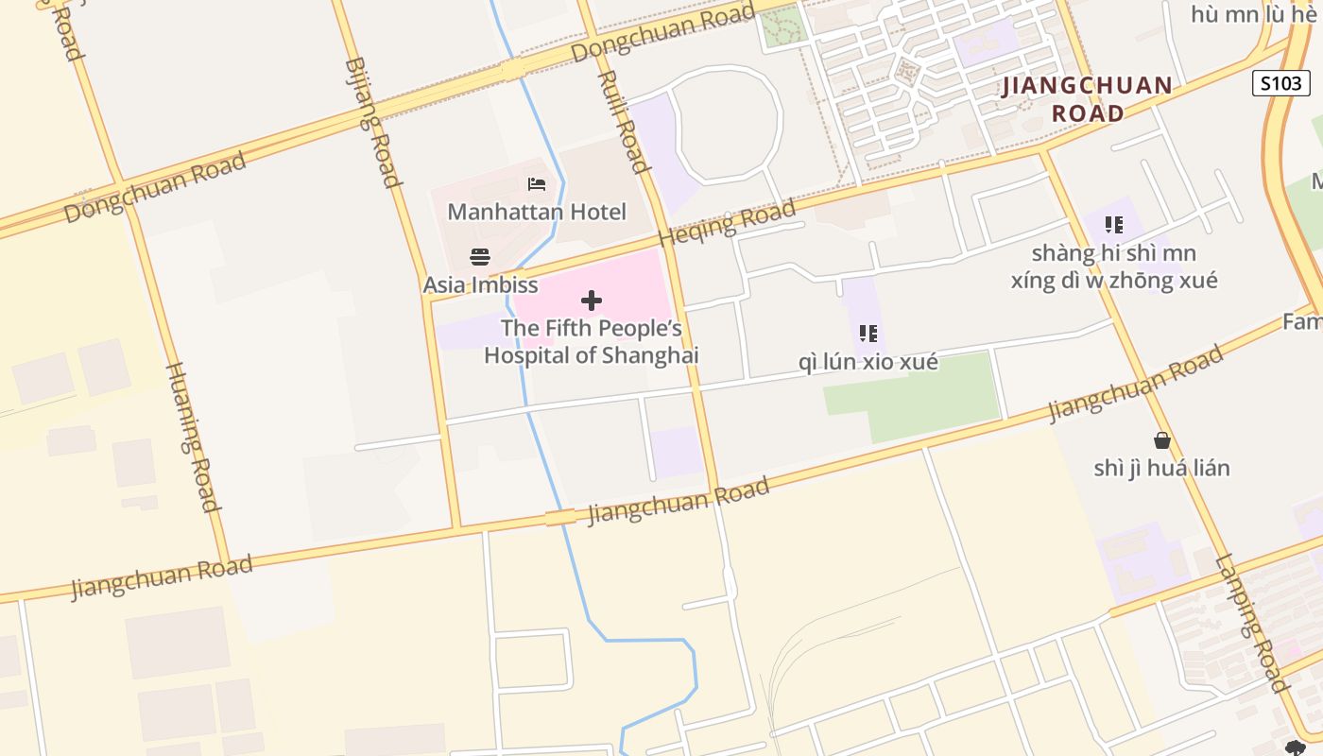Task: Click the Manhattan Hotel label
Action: [536, 212]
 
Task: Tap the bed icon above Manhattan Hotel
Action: [537, 184]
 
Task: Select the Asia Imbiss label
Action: [480, 284]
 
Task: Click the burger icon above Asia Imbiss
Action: [480, 257]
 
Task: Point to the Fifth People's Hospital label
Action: [592, 342]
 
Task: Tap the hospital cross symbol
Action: [592, 301]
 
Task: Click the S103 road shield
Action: [1280, 83]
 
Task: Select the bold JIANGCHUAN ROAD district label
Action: [1088, 99]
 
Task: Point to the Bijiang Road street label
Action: [373, 123]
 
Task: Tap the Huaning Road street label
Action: [194, 437]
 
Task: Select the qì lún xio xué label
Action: [868, 362]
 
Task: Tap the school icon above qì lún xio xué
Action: [868, 334]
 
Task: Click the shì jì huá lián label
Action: [1161, 468]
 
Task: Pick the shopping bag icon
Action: [1161, 440]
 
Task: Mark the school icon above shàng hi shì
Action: [1114, 225]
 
